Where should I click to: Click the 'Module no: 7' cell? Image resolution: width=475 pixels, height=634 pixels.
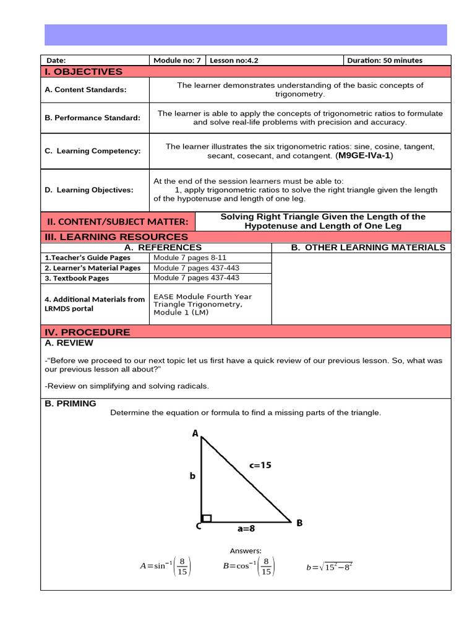coord(177,61)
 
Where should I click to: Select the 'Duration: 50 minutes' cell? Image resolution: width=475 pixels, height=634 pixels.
coord(385,61)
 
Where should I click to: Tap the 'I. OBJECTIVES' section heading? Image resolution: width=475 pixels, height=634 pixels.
coord(83,72)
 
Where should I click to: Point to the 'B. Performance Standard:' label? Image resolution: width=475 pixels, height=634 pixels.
coord(92,118)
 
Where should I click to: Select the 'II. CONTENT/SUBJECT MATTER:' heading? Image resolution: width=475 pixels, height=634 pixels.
coord(118,222)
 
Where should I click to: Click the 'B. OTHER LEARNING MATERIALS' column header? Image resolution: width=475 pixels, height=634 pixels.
coord(368,248)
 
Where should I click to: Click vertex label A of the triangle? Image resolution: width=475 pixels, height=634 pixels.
coord(195,434)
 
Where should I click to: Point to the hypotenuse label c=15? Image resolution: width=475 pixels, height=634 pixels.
coord(260,465)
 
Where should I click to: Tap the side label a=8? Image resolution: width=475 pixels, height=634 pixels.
coord(246,529)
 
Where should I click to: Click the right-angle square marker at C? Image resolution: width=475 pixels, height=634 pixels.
coord(207,518)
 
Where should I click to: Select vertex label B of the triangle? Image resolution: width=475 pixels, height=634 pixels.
coord(299,523)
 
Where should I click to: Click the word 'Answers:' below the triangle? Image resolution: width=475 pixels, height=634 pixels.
coord(246,550)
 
